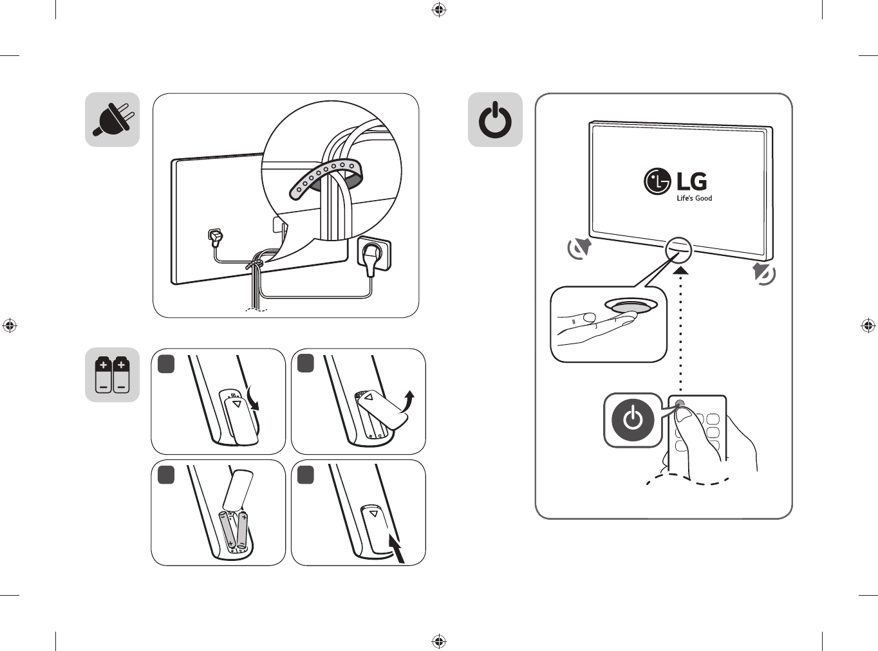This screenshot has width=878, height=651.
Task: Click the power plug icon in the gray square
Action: coord(112,119)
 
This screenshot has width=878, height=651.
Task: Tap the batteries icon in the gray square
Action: coord(112,375)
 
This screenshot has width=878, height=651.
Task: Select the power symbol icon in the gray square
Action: coord(495,119)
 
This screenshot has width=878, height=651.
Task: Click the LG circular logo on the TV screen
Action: coord(657,181)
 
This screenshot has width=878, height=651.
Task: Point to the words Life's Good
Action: coord(695,198)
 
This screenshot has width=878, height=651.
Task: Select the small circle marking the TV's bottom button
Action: coord(678,250)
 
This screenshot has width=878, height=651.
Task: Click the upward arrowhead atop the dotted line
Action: coord(680,271)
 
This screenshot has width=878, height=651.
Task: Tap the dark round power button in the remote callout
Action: coord(633,420)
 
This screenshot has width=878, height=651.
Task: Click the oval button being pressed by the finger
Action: coord(630,306)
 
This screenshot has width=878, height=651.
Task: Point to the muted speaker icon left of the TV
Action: coord(579,248)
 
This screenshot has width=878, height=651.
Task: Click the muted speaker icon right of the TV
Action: coord(763,273)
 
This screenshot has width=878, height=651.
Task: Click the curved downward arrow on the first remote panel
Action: coord(252,398)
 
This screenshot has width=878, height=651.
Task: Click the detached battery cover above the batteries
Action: coord(238,490)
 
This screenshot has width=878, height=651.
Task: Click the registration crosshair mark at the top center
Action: coord(438,10)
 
